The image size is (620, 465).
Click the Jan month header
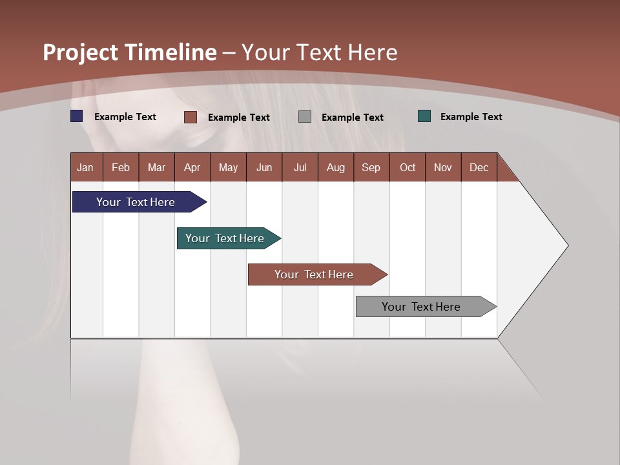pos(86,167)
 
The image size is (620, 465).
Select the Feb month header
pos(121,167)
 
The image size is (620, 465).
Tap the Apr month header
pos(192,167)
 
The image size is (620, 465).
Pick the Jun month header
pos(264,167)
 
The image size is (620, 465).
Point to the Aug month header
pos(336,167)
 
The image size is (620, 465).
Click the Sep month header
pos(371,167)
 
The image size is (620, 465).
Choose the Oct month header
pos(408,167)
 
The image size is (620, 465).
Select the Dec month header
pos(479,167)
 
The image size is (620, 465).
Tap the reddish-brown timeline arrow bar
pos(315,274)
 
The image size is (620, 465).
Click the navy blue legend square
pos(77,116)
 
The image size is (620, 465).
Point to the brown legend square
pos(190,117)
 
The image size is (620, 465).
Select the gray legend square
pos(305,117)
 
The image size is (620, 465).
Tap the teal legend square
pos(424,116)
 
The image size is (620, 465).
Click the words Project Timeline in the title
pos(130,52)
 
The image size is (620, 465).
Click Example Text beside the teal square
pos(471,117)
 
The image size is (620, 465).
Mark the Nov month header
pos(443,167)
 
